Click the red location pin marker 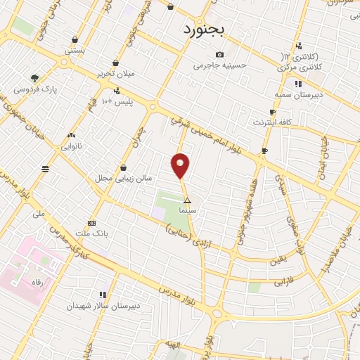(x=181, y=165)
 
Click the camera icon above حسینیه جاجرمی (x=219, y=55)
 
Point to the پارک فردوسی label (x=34, y=89)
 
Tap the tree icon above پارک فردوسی (x=34, y=78)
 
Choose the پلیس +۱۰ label (x=116, y=102)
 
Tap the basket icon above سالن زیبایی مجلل (x=124, y=167)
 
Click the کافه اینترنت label (x=274, y=123)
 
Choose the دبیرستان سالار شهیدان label (x=104, y=307)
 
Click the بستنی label (x=74, y=50)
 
